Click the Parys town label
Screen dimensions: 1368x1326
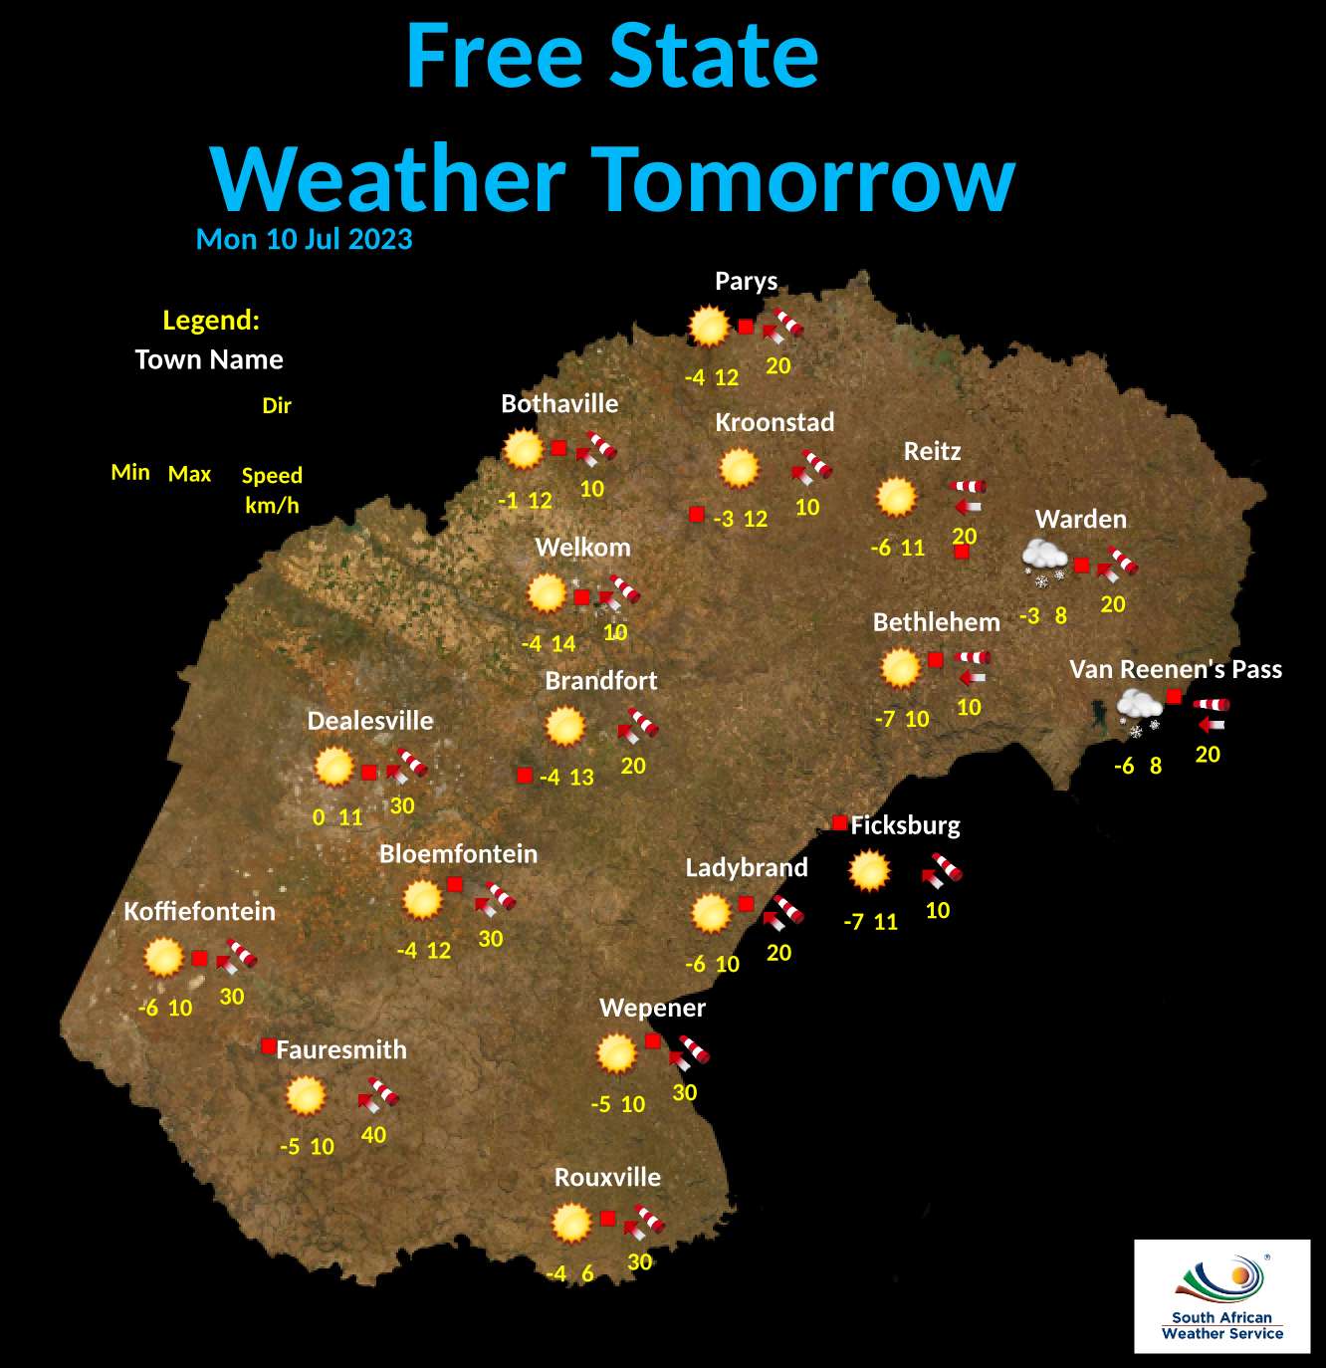click(746, 282)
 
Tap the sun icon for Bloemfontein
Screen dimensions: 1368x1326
click(422, 900)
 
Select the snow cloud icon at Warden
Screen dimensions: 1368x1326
click(1044, 561)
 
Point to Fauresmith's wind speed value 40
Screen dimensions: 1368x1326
click(373, 1135)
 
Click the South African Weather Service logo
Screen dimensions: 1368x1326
click(1221, 1295)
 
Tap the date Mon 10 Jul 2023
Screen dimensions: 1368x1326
click(304, 240)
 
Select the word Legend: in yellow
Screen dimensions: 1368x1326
click(211, 321)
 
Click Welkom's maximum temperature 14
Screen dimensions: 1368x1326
click(563, 644)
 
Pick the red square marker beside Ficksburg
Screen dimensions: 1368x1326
click(839, 823)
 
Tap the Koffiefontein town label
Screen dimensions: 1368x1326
click(199, 912)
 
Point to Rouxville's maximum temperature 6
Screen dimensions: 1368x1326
click(587, 1274)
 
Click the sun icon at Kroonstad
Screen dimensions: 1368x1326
click(739, 468)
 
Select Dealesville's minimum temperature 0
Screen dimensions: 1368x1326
click(319, 817)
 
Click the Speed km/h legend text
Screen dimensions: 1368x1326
click(272, 490)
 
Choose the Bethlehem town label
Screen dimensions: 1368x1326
click(936, 623)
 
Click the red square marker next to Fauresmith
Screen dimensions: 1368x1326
click(268, 1045)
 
